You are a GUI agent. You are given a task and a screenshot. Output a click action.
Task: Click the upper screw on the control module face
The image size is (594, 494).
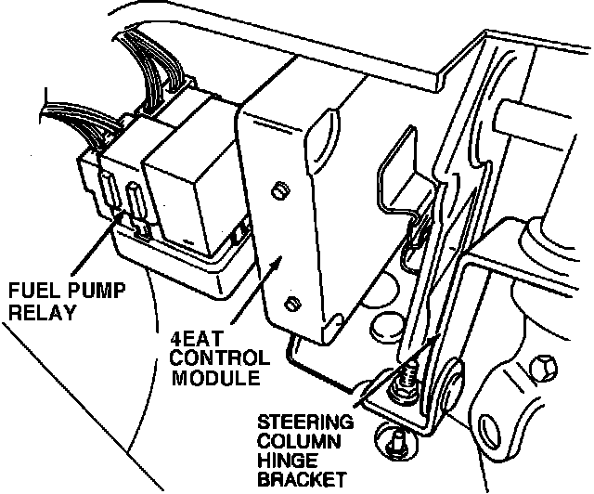278,190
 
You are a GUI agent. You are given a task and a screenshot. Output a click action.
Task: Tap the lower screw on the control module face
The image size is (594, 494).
292,304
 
